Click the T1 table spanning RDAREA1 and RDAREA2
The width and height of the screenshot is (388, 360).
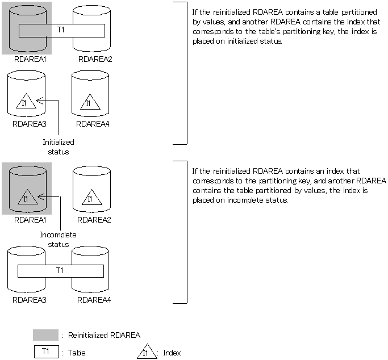pyautogui.click(x=61, y=30)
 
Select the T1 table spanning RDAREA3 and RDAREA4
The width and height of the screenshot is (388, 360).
pyautogui.click(x=60, y=271)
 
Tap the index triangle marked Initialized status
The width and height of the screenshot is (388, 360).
pyautogui.click(x=24, y=102)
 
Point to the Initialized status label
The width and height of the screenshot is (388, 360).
pyautogui.click(x=59, y=146)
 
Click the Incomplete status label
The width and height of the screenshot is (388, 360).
pyautogui.click(x=58, y=240)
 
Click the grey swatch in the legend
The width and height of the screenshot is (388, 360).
pyautogui.click(x=45, y=334)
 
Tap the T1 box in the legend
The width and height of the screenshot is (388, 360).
pyautogui.click(x=45, y=352)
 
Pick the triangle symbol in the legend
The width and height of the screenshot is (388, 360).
pyautogui.click(x=147, y=353)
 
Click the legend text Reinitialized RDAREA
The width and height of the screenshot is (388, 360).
pyautogui.click(x=104, y=336)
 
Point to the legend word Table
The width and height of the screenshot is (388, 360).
pyautogui.click(x=77, y=353)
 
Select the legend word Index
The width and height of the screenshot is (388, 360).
pyautogui.click(x=172, y=353)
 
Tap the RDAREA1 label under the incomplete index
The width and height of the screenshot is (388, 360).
pyautogui.click(x=27, y=219)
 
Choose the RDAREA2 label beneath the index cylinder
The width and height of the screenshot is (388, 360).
pyautogui.click(x=94, y=219)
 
